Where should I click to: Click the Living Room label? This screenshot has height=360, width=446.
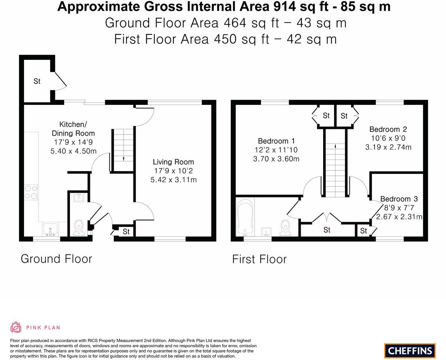[x=173, y=162]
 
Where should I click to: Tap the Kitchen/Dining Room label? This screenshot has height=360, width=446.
[x=73, y=128]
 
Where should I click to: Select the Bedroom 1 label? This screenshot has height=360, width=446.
[x=276, y=141]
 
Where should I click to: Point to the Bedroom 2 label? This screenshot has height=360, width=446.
[x=388, y=129]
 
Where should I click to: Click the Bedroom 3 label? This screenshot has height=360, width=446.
[x=399, y=199]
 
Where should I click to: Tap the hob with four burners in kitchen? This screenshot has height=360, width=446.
[x=31, y=193]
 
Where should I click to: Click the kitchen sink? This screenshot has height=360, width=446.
[x=50, y=229]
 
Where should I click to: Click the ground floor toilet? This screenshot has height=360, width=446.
[x=78, y=227]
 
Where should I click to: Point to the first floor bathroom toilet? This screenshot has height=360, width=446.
[x=285, y=227]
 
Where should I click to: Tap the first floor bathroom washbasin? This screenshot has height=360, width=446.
[x=266, y=232]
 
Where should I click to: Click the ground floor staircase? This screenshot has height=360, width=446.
[x=124, y=150]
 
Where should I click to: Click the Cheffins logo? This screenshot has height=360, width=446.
[x=410, y=350]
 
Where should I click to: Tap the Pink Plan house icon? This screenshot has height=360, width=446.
[x=16, y=327]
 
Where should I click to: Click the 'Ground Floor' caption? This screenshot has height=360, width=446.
[x=56, y=259]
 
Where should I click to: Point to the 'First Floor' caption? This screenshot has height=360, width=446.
[x=260, y=259]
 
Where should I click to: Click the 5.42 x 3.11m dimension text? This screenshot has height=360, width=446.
[x=173, y=180]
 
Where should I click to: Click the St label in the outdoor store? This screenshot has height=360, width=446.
[x=37, y=81]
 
